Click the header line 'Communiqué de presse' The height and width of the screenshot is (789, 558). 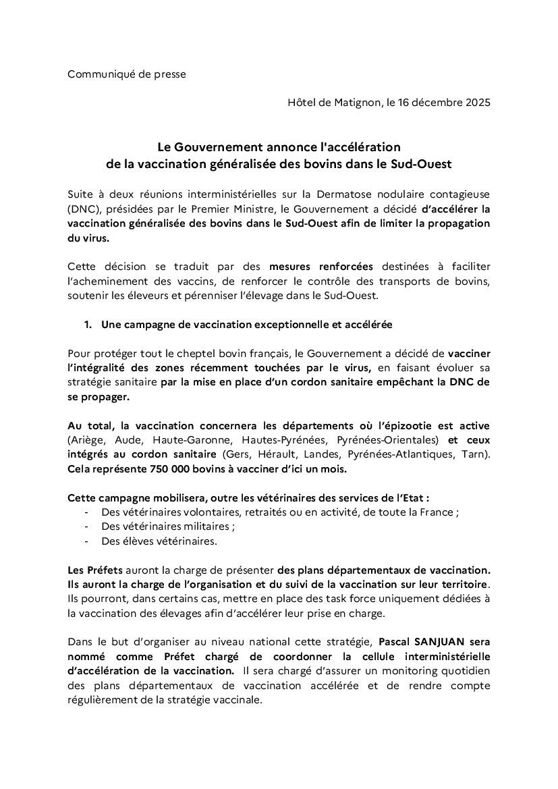[126, 74]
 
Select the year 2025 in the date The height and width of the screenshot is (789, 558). [476, 103]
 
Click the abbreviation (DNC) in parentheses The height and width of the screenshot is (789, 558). [82, 209]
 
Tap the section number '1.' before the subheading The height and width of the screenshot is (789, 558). [88, 325]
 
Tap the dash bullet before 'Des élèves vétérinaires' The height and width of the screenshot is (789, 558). [87, 541]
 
